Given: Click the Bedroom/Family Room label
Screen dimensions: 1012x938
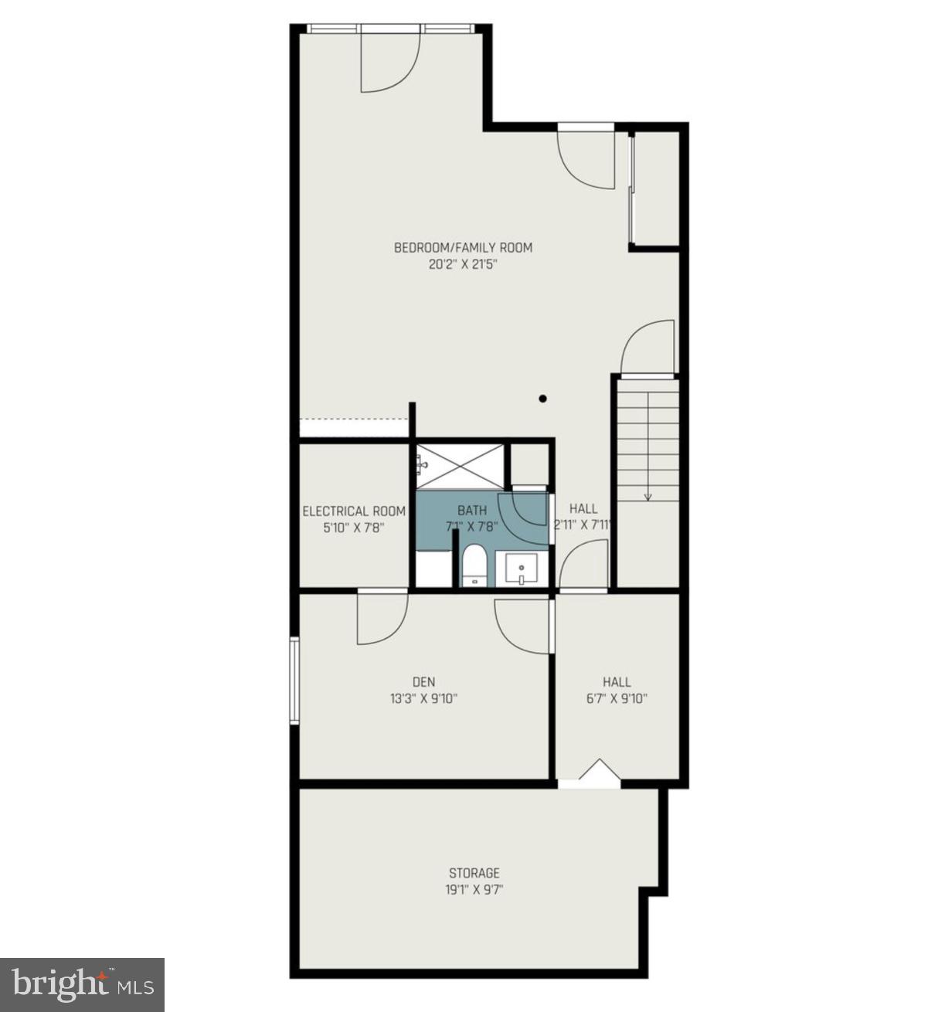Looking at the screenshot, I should pos(463,248).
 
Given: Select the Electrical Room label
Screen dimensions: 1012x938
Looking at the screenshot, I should pos(354,511).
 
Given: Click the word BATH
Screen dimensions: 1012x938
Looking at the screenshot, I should pos(472,510).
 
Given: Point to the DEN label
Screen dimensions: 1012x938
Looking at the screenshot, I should pos(423,681).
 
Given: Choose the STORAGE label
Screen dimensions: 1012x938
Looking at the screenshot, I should pos(474,873).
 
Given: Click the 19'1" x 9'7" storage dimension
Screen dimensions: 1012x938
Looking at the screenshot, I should pos(474,889).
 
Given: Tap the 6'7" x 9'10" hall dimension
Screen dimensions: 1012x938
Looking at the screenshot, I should pos(617,698).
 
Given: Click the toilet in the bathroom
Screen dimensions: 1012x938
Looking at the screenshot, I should pos(472,566).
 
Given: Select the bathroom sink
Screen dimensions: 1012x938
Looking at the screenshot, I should pos(522,569).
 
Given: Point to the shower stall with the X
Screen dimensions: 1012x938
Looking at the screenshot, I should pos(462,466).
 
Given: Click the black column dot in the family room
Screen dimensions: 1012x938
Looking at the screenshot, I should pos(543,399).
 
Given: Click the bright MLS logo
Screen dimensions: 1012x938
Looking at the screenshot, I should pos(82,985).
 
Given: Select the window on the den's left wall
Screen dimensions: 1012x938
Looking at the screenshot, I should pos(294,680).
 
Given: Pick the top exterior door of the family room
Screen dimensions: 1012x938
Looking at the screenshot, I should pos(390,60).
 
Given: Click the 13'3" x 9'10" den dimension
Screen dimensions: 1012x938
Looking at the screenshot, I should pos(423,698).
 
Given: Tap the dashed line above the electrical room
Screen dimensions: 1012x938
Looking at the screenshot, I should pos(354,419).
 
